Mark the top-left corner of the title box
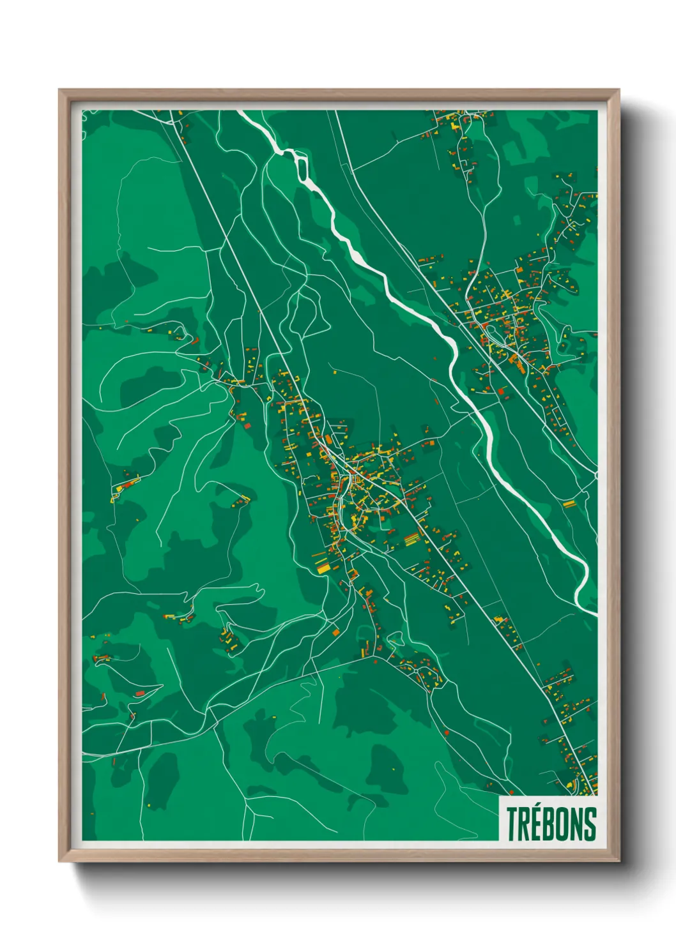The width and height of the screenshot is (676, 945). click(x=499, y=796)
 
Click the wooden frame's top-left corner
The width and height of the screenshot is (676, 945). click(x=59, y=90)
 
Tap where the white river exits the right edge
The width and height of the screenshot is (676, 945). click(x=595, y=614)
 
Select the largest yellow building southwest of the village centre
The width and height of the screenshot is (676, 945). click(x=324, y=566)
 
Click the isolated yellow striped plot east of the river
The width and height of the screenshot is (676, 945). click(x=569, y=504)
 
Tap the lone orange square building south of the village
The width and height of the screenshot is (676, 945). click(x=335, y=631)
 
